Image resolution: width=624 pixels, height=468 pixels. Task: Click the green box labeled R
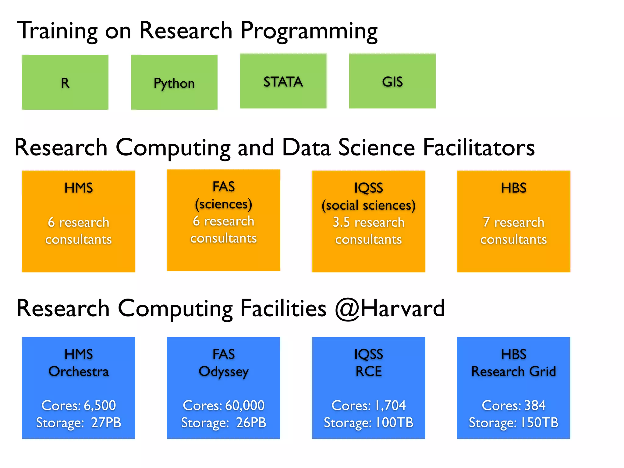(x=65, y=82)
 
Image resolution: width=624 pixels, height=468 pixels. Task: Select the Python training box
(x=174, y=82)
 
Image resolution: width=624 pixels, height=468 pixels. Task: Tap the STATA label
(x=283, y=82)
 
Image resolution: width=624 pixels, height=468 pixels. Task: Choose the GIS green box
(x=392, y=82)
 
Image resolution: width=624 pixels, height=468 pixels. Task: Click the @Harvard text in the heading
(x=390, y=308)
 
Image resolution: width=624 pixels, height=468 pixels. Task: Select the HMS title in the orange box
(x=79, y=188)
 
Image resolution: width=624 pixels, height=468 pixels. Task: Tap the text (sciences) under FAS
(x=223, y=204)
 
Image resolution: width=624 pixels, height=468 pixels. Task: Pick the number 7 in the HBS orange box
(x=486, y=222)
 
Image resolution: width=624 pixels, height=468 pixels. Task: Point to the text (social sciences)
(x=368, y=205)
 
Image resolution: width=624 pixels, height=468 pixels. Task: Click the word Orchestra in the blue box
(x=79, y=371)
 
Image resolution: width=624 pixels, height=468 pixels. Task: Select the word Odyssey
(x=223, y=372)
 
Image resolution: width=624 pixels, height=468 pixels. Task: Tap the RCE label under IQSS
(x=368, y=371)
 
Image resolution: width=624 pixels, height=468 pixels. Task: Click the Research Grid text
(x=513, y=371)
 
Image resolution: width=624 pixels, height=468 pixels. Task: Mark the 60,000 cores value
(x=245, y=405)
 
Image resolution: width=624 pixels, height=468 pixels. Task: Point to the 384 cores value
(x=535, y=405)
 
